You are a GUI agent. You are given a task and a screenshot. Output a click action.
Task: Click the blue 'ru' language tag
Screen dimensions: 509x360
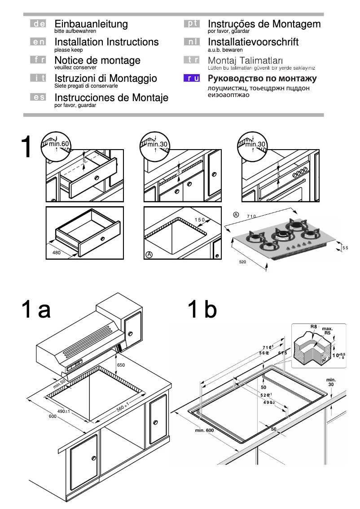[192, 79]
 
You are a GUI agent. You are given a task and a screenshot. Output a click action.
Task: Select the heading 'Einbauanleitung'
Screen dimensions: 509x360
[91, 24]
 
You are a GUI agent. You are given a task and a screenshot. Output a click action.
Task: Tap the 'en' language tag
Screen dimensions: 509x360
[38, 42]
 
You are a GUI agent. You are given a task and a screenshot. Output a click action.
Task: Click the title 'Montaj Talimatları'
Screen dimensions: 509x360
[245, 60]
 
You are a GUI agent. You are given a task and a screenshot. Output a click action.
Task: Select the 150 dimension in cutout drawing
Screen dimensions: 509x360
[199, 220]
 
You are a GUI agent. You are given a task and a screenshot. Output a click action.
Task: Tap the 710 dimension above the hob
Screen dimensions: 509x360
[251, 217]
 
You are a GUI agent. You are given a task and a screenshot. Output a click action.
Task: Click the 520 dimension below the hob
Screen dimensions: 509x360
[243, 261]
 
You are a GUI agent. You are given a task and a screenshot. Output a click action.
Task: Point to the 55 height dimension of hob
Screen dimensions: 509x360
[345, 248]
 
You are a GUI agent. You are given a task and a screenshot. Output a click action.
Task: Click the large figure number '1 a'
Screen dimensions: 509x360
[36, 310]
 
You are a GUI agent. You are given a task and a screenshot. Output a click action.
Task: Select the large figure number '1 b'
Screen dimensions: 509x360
[202, 310]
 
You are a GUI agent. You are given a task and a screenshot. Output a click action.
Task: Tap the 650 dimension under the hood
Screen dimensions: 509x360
[121, 365]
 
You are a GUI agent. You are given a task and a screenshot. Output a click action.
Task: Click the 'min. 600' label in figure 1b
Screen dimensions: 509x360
[204, 430]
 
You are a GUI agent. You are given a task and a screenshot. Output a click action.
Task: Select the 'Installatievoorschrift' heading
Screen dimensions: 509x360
[253, 42]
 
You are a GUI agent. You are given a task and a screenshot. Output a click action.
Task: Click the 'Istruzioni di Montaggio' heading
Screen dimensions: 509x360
[105, 79]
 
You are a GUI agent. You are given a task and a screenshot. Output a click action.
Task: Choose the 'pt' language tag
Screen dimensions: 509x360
[192, 24]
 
